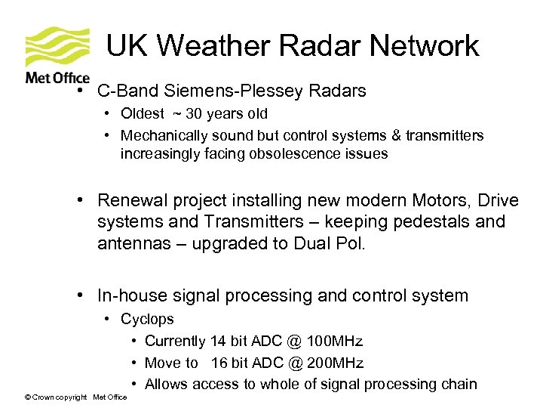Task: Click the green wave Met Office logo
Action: point(57,48)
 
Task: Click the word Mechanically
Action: point(164,136)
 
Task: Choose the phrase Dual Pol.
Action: point(331,244)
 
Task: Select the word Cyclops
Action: point(147,320)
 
